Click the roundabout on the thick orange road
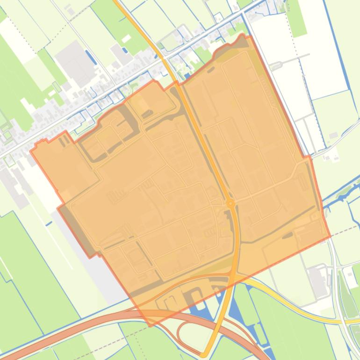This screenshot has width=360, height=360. click(230, 203)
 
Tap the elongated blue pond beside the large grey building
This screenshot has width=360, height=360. click(91, 57)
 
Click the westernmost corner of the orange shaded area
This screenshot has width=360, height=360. click(31, 151)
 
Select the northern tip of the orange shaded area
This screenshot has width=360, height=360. click(243, 35)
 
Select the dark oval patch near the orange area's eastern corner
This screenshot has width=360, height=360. click(288, 235)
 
